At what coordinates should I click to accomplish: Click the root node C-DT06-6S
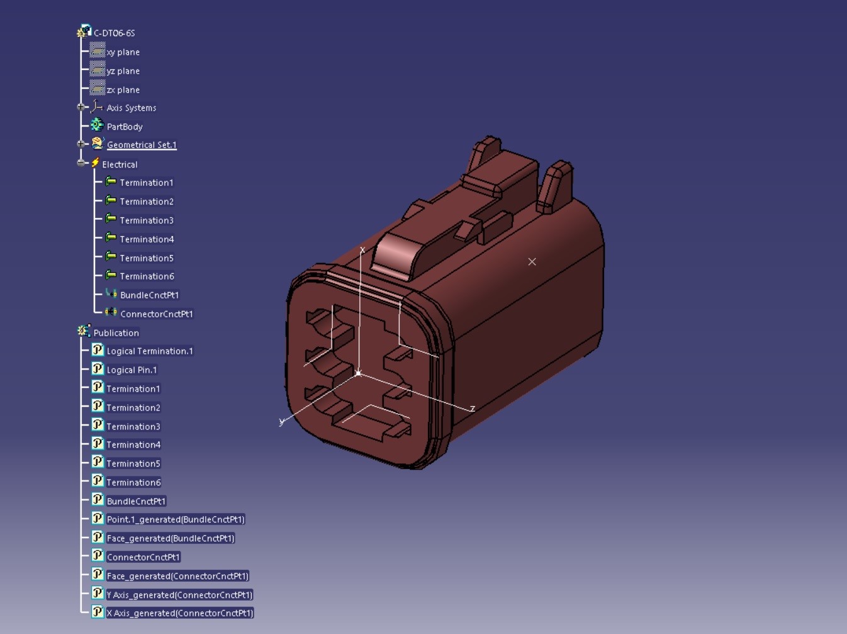point(114,33)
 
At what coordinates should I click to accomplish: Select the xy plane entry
point(123,52)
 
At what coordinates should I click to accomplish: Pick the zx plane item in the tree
point(123,90)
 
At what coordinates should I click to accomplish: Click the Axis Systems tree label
point(131,108)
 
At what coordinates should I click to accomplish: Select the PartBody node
point(125,127)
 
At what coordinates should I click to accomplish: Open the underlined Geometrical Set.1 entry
point(142,145)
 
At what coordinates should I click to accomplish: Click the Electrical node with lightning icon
point(120,164)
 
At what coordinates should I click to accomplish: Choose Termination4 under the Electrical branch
point(147,239)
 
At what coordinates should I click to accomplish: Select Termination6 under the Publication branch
point(133,483)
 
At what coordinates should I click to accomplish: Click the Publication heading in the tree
point(116,333)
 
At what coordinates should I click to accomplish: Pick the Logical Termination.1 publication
point(150,351)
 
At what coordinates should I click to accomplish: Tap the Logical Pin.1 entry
point(132,370)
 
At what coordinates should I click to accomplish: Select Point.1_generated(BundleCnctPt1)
point(176,520)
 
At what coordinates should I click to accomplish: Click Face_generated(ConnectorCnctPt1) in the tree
point(177,576)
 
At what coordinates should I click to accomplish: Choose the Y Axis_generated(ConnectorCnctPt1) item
point(179,595)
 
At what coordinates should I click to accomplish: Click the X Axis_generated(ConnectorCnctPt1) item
point(179,613)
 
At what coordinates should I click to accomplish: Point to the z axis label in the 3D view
point(473,409)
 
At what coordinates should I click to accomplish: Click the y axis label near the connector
point(281,421)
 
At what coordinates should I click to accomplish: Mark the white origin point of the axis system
point(358,373)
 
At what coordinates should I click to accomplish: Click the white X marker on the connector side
point(532,261)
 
